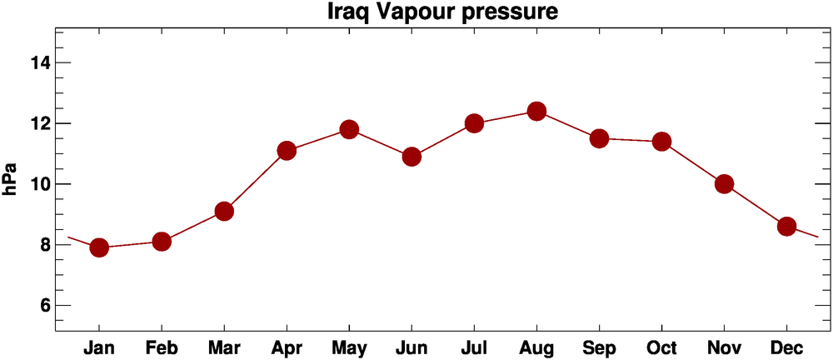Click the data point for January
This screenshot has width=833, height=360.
click(99, 247)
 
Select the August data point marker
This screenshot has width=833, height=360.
click(536, 111)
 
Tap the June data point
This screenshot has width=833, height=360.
click(412, 157)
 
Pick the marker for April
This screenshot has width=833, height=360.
click(287, 151)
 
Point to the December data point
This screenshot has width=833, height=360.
click(786, 227)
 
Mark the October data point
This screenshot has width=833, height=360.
click(661, 142)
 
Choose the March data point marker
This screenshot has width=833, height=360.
click(224, 212)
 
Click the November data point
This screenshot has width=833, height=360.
click(724, 184)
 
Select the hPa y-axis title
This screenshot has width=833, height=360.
click(11, 180)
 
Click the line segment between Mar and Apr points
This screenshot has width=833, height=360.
click(255, 182)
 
